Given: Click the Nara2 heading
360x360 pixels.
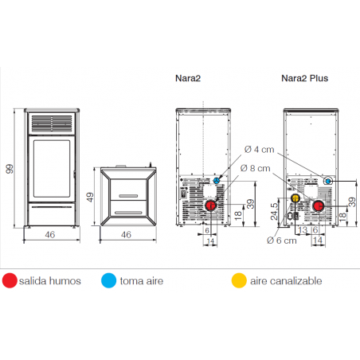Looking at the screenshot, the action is [188, 78].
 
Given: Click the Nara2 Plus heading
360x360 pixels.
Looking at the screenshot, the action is [304, 78].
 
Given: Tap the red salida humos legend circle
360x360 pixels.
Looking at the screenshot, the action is [10, 280].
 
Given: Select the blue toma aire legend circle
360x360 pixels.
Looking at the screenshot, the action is [109, 280].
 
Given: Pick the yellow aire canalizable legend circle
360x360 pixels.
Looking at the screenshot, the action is [239, 280].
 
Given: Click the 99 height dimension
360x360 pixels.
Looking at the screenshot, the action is [10, 169].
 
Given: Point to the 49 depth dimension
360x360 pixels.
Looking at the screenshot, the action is [90, 198].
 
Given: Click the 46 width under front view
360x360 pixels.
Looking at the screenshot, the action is [50, 235].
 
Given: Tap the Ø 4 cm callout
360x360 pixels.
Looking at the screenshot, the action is [259, 150].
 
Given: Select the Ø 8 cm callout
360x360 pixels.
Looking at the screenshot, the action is [256, 168].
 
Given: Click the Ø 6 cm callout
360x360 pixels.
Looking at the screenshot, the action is [282, 241].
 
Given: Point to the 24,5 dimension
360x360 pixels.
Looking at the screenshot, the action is [274, 212].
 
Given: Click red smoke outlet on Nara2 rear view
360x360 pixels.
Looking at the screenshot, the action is [211, 205].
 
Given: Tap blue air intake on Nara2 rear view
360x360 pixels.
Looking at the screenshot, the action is [217, 181].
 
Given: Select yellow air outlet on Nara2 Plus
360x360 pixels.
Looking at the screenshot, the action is [295, 198].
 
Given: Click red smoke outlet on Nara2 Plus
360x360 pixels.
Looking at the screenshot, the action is [318, 205].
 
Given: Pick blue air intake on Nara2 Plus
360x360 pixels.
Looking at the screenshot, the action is [328, 182].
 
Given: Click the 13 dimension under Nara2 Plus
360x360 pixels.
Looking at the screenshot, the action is [303, 230].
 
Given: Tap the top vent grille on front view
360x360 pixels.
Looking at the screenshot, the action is [52, 123].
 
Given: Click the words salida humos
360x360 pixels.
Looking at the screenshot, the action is [50, 281].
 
